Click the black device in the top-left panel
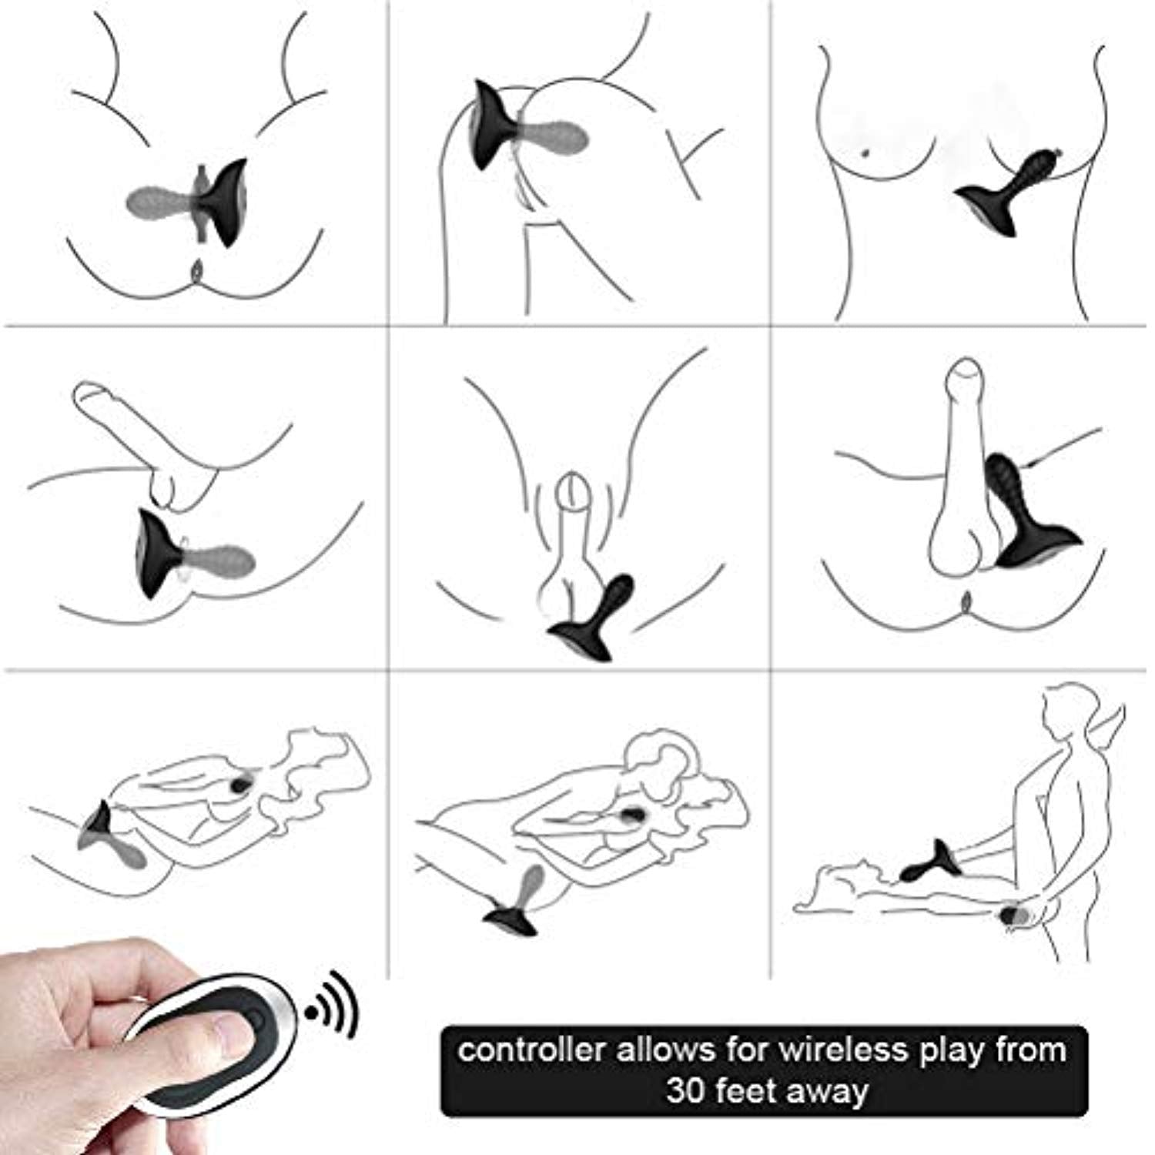[x=223, y=203]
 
